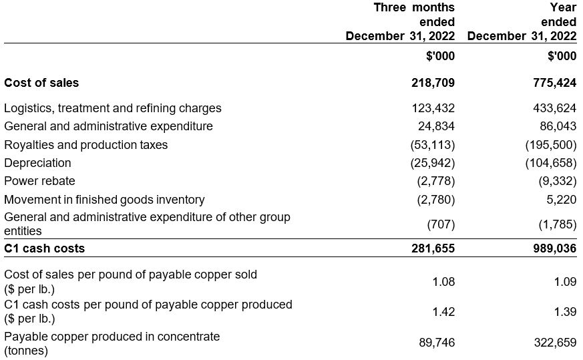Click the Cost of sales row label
(x=41, y=83)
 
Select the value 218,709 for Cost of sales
(x=433, y=83)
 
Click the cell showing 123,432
(x=433, y=108)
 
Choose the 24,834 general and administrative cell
(x=436, y=126)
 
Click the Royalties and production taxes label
(x=86, y=145)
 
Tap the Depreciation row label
(x=37, y=163)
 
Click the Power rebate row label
(x=40, y=181)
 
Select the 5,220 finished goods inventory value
(x=561, y=199)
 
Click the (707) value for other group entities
(x=441, y=224)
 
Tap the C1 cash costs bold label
(x=45, y=248)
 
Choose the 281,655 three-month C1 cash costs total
(x=433, y=248)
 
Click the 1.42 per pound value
(x=443, y=311)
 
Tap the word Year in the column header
(x=562, y=7)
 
